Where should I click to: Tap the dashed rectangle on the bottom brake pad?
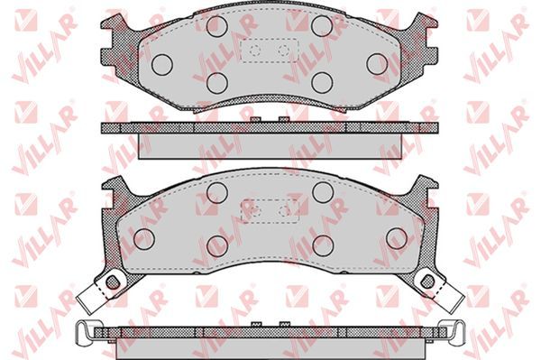click(x=241, y=211)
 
